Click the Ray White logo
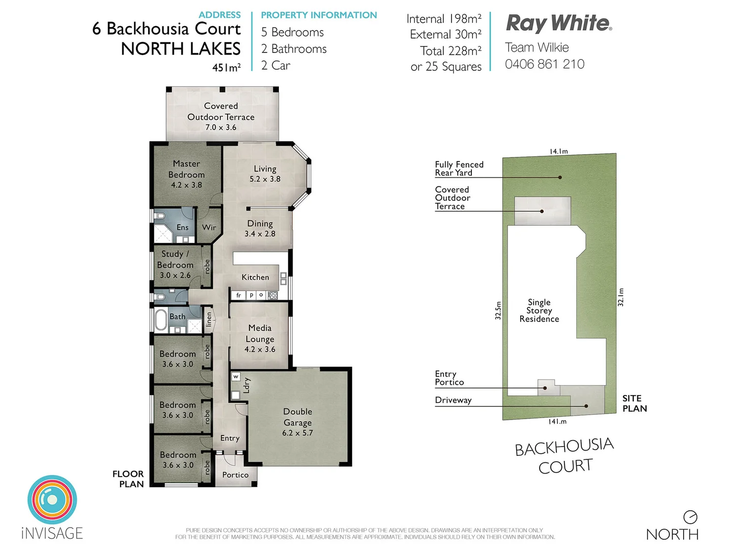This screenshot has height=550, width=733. click(558, 23)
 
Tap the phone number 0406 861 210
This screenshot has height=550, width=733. click(544, 64)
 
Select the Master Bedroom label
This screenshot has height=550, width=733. click(186, 174)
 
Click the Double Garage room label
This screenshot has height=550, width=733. click(298, 422)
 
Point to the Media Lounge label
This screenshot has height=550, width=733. click(260, 339)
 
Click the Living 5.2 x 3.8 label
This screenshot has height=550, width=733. click(265, 174)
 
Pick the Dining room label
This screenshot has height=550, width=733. click(260, 228)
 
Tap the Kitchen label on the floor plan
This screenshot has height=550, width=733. click(255, 277)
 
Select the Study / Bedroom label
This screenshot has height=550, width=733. click(175, 264)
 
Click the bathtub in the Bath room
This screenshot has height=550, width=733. click(161, 320)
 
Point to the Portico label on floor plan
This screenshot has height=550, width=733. click(235, 475)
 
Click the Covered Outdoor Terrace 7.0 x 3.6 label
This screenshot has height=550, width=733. click(221, 117)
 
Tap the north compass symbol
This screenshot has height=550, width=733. click(690, 517)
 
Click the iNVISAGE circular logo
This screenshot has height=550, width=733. click(52, 500)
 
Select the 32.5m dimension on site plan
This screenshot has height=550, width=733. click(498, 310)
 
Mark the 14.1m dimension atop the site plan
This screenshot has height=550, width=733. click(558, 151)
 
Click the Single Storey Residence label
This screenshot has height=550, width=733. click(539, 311)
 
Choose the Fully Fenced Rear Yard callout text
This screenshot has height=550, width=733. click(459, 169)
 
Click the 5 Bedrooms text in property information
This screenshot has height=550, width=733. click(292, 32)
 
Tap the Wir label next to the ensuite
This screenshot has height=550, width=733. click(209, 228)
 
